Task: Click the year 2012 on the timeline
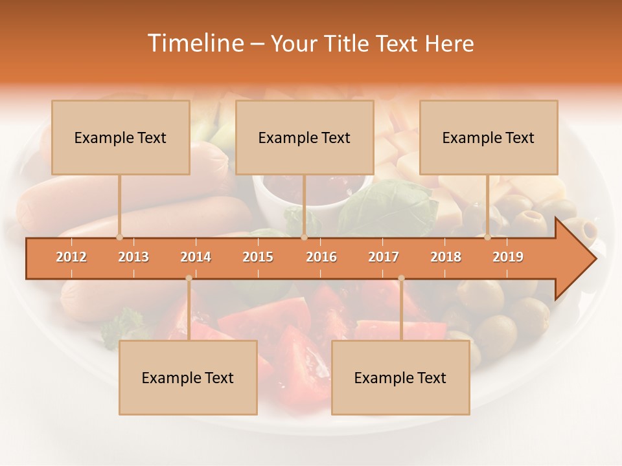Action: [x=71, y=257]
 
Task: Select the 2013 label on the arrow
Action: [x=133, y=257]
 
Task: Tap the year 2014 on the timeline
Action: [x=196, y=257]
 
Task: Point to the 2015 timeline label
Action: [x=258, y=257]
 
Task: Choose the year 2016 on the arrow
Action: [x=321, y=257]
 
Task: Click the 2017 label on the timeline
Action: [x=384, y=257]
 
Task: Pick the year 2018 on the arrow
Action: [x=446, y=257]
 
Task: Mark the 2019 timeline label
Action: [x=508, y=257]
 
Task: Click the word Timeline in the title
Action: [x=194, y=43]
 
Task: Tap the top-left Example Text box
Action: [x=121, y=137]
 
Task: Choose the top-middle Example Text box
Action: [x=305, y=137]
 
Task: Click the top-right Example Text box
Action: [x=489, y=137]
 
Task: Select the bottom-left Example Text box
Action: [x=188, y=377]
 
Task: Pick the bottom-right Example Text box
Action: [x=400, y=377]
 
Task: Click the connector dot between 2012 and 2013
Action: [x=119, y=237]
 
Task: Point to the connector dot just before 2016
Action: [x=304, y=237]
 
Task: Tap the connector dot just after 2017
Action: [x=401, y=278]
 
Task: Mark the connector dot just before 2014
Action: [x=189, y=278]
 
